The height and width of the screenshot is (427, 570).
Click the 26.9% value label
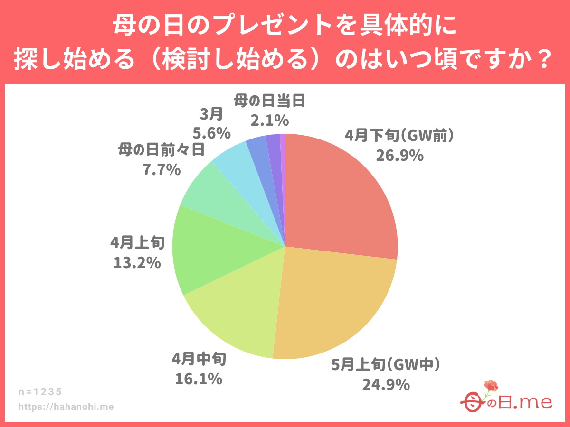(399, 156)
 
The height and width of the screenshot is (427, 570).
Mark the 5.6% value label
(212, 132)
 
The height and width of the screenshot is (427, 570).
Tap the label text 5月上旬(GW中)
(386, 365)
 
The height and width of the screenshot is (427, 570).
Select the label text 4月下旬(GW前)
(399, 137)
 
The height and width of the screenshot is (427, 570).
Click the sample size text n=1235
(40, 392)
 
